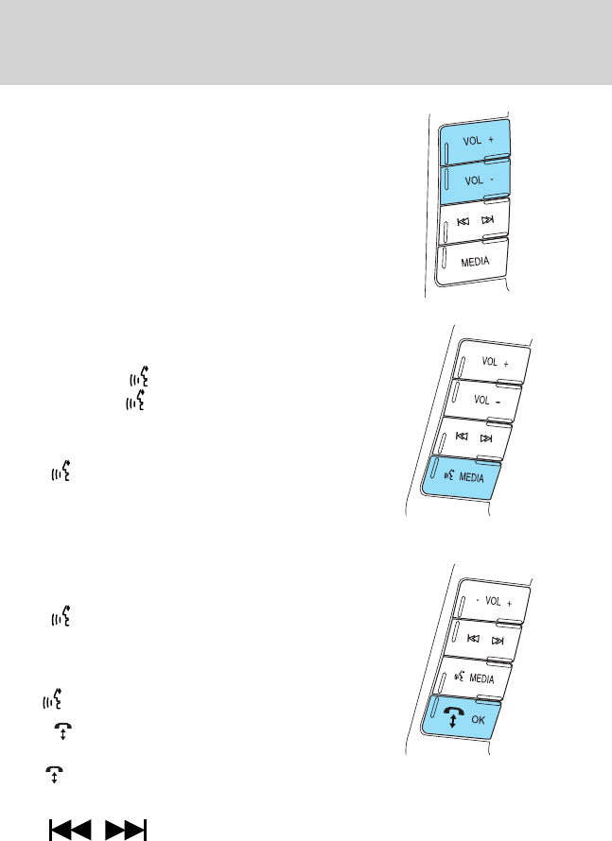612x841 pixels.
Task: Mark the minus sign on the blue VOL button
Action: pos(489,179)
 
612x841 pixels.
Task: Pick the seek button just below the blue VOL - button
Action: pos(475,220)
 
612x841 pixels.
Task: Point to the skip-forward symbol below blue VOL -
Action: pos(488,219)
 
